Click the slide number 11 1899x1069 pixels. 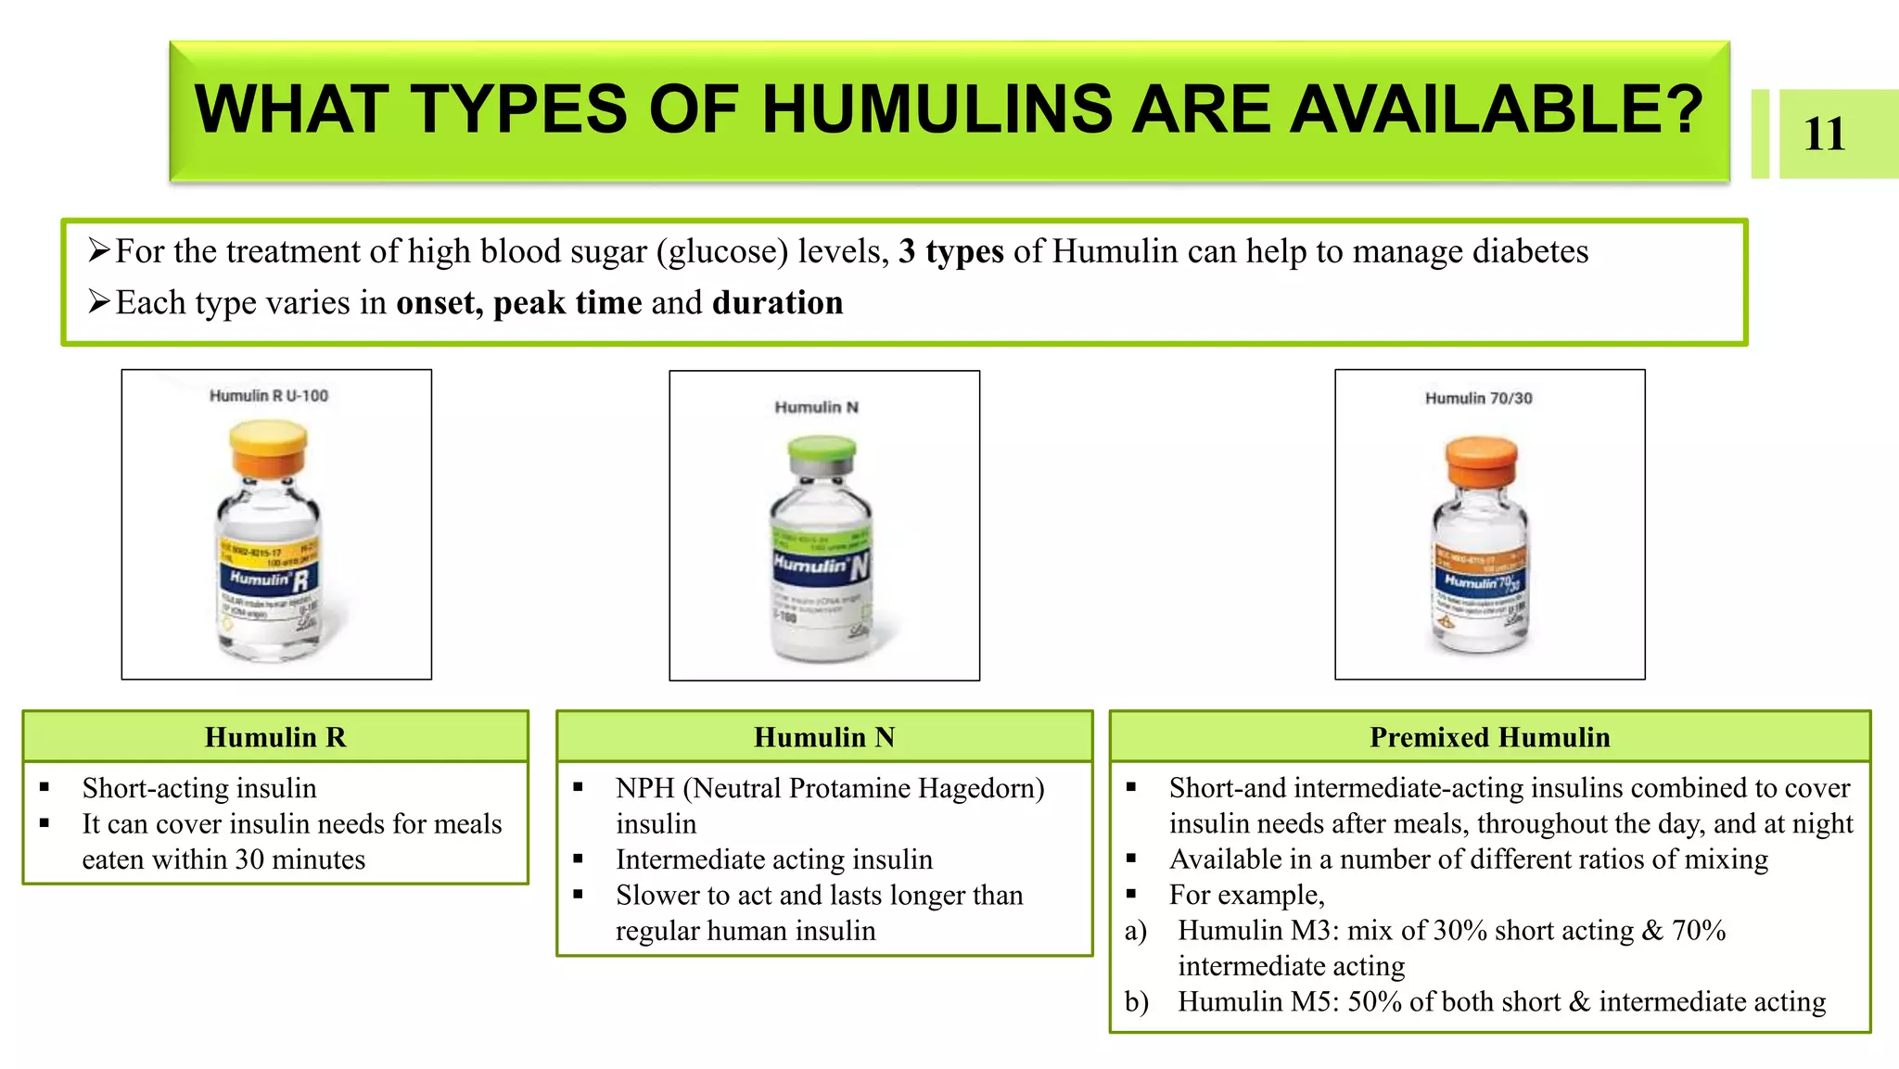1824,134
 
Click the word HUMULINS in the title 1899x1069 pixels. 937,109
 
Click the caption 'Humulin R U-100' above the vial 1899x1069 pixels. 269,396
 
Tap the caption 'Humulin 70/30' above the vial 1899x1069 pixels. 1478,399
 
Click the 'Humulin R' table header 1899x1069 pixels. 275,737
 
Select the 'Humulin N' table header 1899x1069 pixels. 824,737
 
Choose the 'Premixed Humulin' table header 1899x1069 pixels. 1489,737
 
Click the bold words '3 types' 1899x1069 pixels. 950,251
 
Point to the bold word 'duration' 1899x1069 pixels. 777,303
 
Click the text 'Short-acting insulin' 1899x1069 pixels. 199,788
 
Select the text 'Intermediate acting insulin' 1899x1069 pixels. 773,859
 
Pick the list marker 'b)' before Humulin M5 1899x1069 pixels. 1136,1001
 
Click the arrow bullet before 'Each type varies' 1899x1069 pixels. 98,302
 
